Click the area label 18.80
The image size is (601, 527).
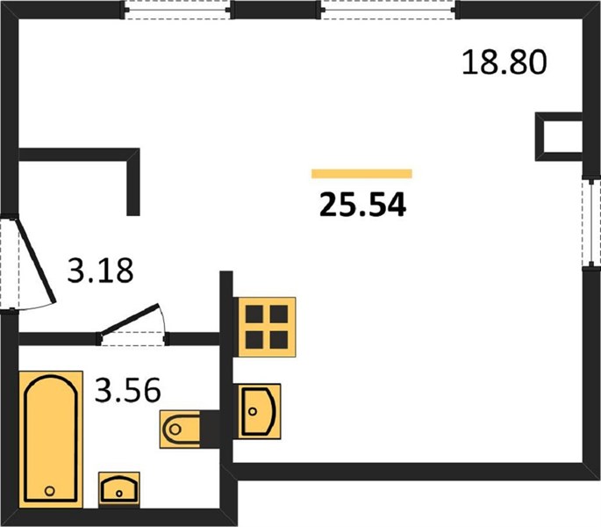click(504, 62)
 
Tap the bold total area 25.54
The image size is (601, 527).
click(362, 205)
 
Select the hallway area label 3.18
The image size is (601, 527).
click(100, 271)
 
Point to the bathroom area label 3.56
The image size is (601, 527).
click(127, 390)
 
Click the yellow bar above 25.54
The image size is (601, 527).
click(361, 174)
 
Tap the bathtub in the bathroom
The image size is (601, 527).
click(51, 439)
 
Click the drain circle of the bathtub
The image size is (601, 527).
click(49, 490)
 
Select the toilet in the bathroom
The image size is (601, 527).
click(180, 430)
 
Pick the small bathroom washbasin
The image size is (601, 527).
click(118, 490)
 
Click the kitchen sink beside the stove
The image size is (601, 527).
click(260, 411)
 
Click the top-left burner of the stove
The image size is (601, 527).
click(254, 314)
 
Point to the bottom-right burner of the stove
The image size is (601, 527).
click(279, 339)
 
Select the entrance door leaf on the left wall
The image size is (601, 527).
click(35, 261)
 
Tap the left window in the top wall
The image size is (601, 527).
click(177, 10)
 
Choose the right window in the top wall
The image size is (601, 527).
click(389, 10)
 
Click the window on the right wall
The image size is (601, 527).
click(591, 223)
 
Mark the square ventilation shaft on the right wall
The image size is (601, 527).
click(559, 137)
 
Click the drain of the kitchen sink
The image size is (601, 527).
click(252, 411)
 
